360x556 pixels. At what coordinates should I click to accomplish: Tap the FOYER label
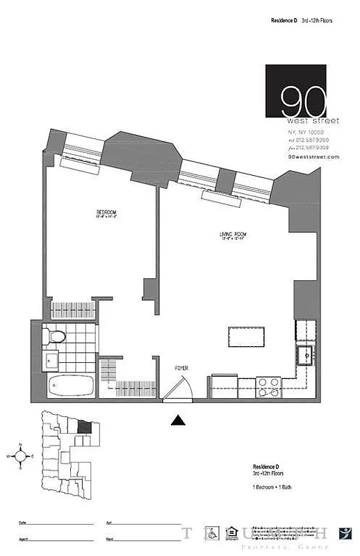pyautogui.click(x=181, y=368)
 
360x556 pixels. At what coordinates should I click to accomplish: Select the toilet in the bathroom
pyautogui.click(x=54, y=337)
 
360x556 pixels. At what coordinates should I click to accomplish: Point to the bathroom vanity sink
pyautogui.click(x=51, y=360)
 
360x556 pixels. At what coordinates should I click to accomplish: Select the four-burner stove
pyautogui.click(x=268, y=386)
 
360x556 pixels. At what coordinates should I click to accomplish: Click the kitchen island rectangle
pyautogui.click(x=247, y=337)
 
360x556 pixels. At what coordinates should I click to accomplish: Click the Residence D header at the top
pyautogui.click(x=284, y=21)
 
